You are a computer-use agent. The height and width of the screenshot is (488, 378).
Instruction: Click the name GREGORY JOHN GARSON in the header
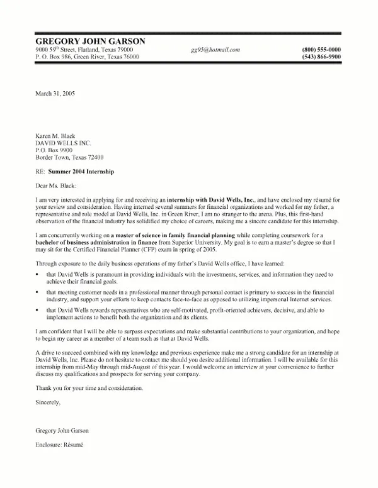click(91, 41)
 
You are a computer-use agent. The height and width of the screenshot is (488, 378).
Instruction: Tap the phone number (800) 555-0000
click(321, 50)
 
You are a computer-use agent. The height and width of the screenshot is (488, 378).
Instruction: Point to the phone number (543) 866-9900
click(321, 57)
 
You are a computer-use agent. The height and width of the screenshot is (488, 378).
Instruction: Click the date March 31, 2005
click(55, 93)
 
